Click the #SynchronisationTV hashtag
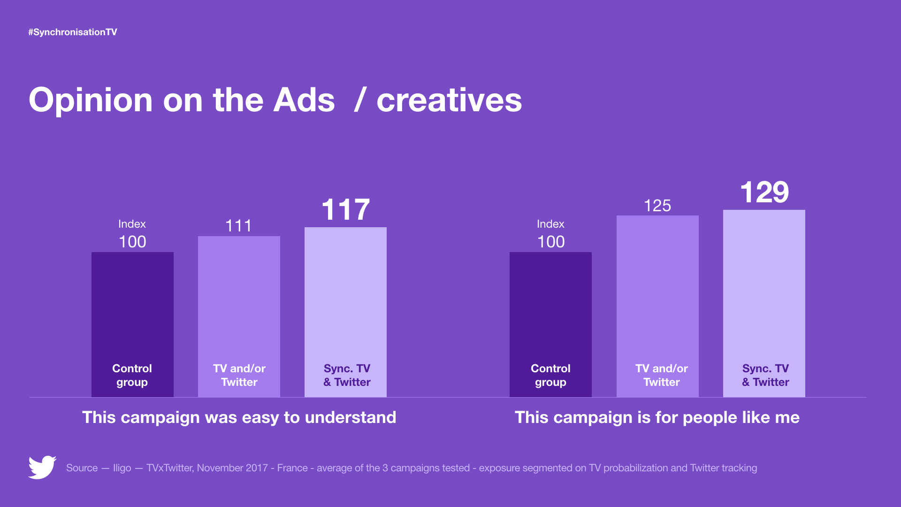[73, 32]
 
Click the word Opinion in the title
[91, 100]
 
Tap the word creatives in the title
[449, 100]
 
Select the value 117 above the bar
[346, 209]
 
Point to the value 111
[238, 226]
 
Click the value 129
[764, 192]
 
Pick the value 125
[657, 206]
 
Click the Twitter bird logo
[42, 467]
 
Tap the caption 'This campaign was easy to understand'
[239, 417]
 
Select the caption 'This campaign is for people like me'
[657, 417]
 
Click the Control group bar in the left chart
[132, 324]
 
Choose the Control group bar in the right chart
[550, 324]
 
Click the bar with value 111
[239, 316]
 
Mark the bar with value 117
[345, 312]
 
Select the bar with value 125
[657, 306]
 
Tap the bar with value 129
[764, 303]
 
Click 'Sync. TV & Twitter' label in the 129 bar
[765, 375]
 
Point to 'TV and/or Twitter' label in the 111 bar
[239, 375]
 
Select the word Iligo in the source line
[122, 468]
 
